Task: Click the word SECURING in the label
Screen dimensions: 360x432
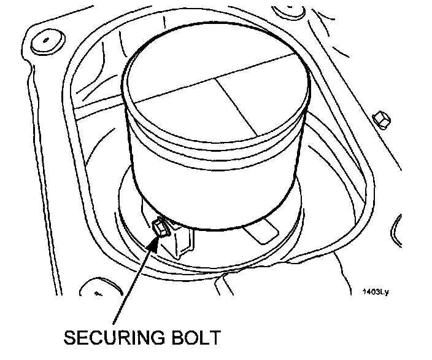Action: tap(114, 339)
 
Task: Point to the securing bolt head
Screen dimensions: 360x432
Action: tap(162, 229)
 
